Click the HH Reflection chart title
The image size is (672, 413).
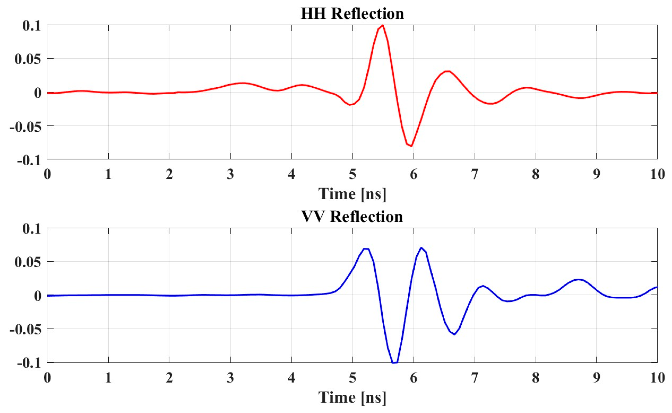352,14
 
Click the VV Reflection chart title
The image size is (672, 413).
352,217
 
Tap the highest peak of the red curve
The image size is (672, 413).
382,26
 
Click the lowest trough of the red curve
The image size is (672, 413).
411,146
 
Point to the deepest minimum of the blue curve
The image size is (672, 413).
395,363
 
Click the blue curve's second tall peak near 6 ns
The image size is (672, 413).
421,248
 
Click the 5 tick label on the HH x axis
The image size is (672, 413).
352,174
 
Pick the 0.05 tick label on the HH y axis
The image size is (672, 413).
28,59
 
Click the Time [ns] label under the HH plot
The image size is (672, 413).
352,194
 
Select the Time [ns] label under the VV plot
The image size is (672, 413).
352,397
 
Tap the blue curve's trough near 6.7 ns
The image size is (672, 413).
454,334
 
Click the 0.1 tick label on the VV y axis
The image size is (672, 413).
32,229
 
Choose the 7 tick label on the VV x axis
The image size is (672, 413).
474,377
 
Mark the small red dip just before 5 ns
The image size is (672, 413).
350,105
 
